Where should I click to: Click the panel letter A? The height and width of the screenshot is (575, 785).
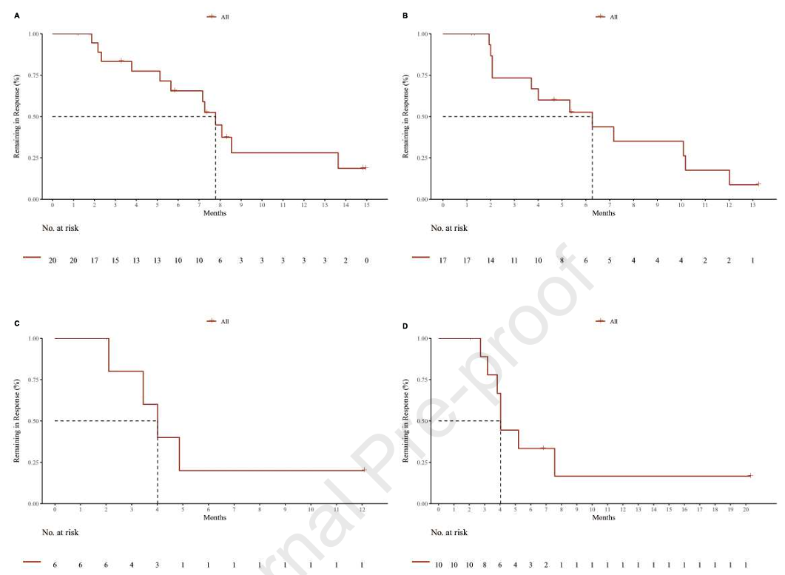coord(18,16)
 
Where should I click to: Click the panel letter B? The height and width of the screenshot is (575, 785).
coord(405,16)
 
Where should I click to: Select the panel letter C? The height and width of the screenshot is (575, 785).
coord(18,320)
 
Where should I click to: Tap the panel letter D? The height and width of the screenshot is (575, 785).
coord(405,320)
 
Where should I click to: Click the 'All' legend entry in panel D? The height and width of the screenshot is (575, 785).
coord(613,321)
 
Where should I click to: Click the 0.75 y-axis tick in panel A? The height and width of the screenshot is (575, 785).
coord(35,75)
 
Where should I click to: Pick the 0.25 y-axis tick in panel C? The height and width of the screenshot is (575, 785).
coord(35,463)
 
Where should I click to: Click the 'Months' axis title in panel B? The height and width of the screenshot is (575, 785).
coord(604,213)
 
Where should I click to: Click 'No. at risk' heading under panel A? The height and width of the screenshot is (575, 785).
coord(60,228)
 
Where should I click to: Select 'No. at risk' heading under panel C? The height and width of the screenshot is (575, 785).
coord(60,532)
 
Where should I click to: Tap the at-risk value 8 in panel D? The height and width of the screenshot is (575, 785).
coord(485,565)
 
